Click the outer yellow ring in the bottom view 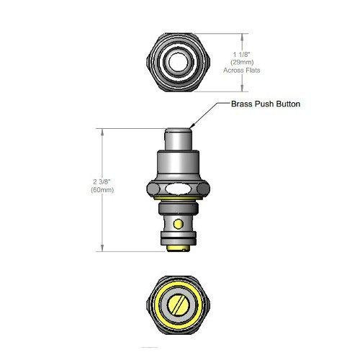(x=160, y=307)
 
